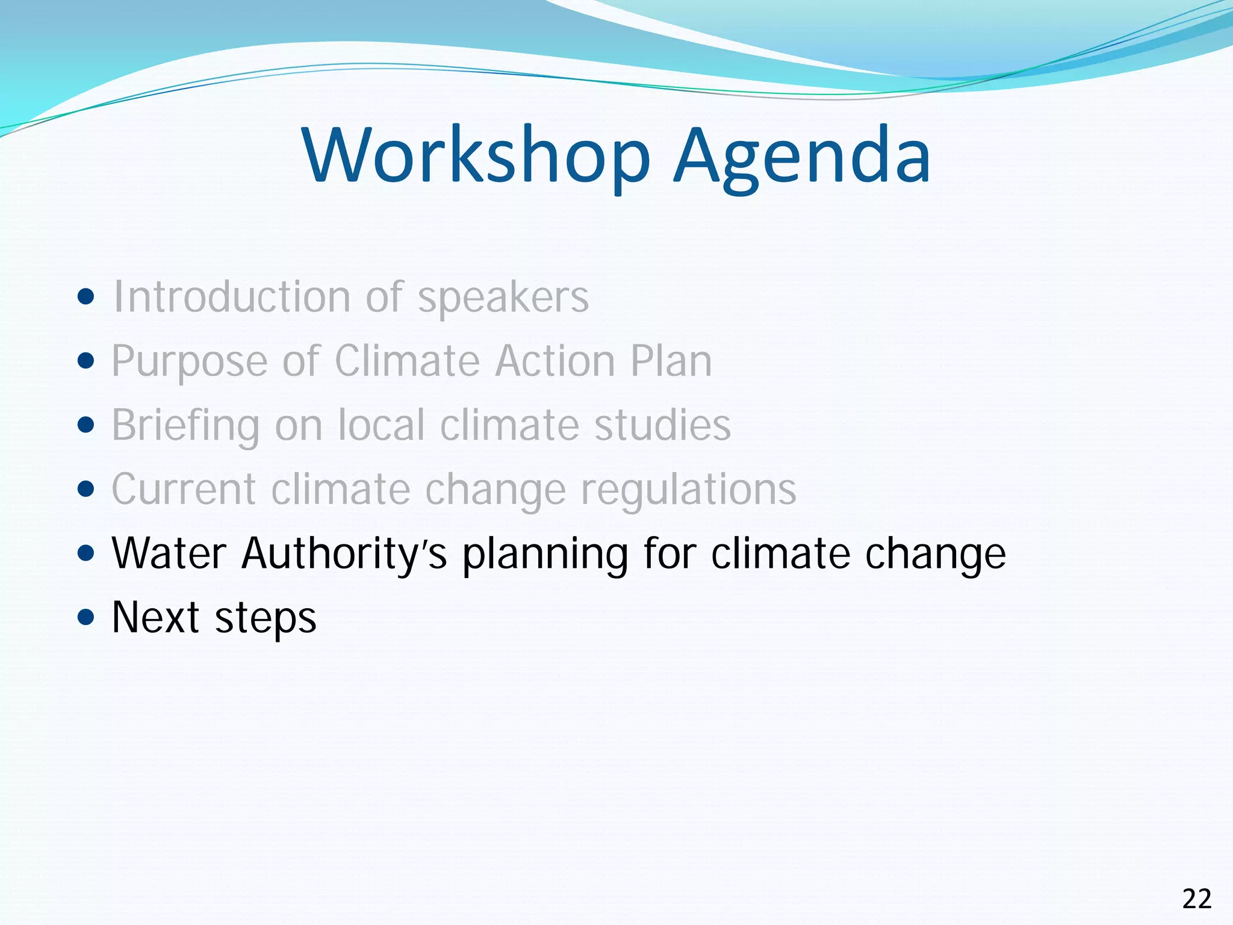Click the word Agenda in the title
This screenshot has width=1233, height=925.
tap(802, 157)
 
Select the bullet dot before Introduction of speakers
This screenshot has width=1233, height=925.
tap(87, 297)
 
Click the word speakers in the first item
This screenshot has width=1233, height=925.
tap(503, 298)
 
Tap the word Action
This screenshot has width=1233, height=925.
tap(555, 361)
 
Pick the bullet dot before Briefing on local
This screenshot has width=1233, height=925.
tap(87, 425)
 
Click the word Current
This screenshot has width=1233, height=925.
tap(184, 489)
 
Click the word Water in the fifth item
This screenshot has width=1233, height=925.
tap(169, 553)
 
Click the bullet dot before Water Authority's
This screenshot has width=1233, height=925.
tap(87, 553)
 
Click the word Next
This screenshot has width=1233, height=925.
tap(155, 617)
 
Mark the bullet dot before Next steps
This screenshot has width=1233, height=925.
tap(87, 617)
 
